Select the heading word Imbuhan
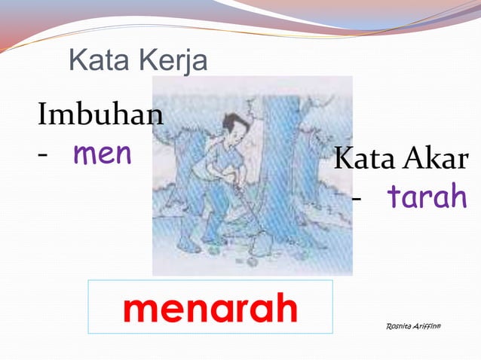coord(100,117)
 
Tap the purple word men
coord(102,154)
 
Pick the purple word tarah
coord(427,197)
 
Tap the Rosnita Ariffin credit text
coord(417,326)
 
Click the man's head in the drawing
coord(237,127)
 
